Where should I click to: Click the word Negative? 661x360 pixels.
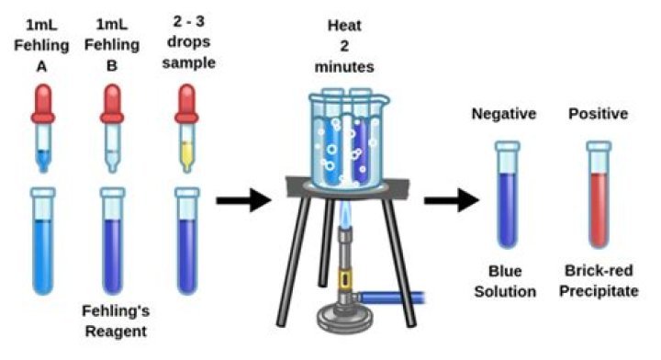coord(504,115)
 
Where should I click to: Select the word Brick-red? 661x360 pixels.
coord(599,274)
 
